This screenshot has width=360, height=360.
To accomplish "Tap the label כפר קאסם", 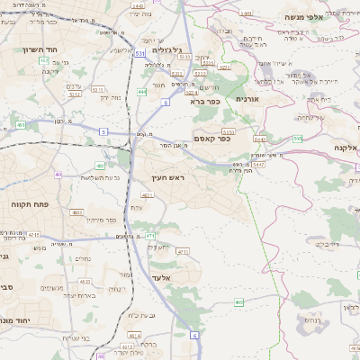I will click(x=211, y=139).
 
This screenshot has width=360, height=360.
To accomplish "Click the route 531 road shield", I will click(x=139, y=54).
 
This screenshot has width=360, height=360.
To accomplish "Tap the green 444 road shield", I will click(x=142, y=92).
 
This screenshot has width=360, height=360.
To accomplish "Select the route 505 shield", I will click(x=298, y=139).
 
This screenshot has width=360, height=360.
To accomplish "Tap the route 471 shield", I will click(x=150, y=235).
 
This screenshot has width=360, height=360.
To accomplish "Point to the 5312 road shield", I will click(x=75, y=93).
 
